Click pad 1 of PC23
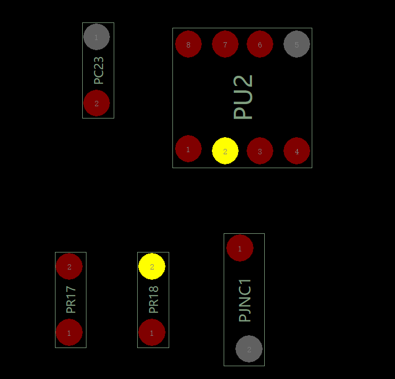97,37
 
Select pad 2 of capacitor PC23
97,103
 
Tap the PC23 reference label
99,70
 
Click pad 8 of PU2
188,44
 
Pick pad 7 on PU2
225,44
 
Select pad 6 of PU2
260,44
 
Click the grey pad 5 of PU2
297,44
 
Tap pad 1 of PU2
188,149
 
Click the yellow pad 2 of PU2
225,151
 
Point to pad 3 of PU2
260,151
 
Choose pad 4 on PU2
297,151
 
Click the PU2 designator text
243,97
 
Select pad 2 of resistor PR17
69,267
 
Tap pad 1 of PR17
69,333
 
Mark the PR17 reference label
71,299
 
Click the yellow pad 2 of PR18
152,267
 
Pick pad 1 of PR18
152,333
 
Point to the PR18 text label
154,299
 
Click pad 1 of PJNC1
240,248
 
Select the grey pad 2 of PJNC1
249,349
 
